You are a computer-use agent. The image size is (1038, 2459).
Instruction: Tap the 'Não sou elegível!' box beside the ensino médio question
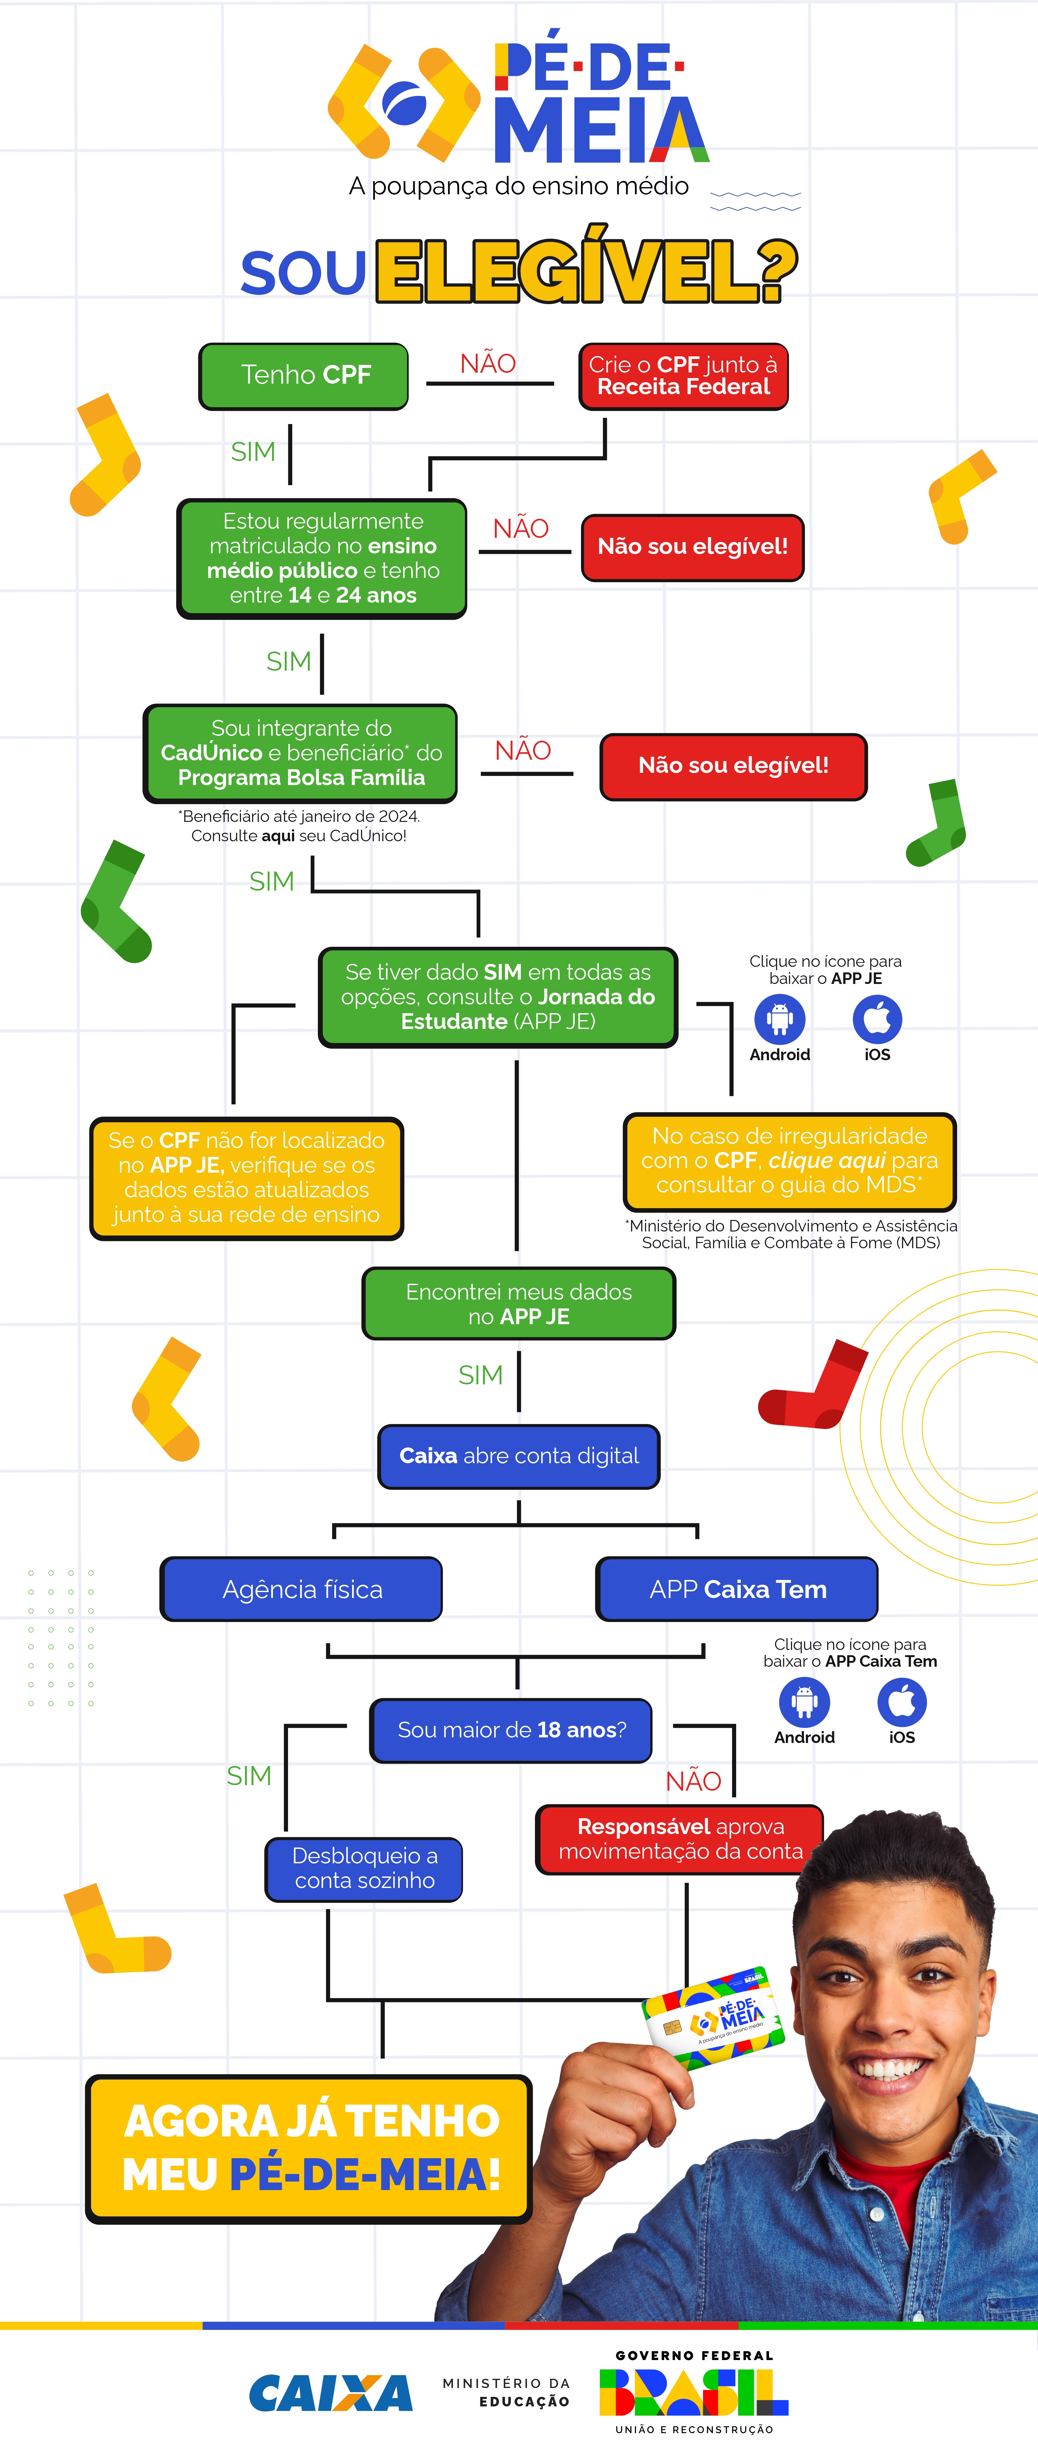pos(692,547)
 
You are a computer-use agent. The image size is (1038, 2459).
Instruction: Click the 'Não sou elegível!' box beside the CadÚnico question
pos(733,766)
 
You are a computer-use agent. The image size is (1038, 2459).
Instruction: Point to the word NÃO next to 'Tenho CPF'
pos(488,364)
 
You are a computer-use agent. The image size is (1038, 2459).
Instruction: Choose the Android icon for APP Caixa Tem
pos(804,1701)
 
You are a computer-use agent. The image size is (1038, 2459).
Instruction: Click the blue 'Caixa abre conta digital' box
pos(519,1456)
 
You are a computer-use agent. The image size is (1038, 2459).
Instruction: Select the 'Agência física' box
pos(302,1589)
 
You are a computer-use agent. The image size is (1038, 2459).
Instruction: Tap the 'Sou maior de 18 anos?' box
pos(511,1730)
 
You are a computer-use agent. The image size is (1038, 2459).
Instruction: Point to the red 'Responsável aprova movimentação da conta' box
pos(680,1839)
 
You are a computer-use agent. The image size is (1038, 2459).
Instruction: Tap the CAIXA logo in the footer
pos(330,2393)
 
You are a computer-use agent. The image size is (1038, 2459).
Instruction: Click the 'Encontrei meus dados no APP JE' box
pos(519,1304)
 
